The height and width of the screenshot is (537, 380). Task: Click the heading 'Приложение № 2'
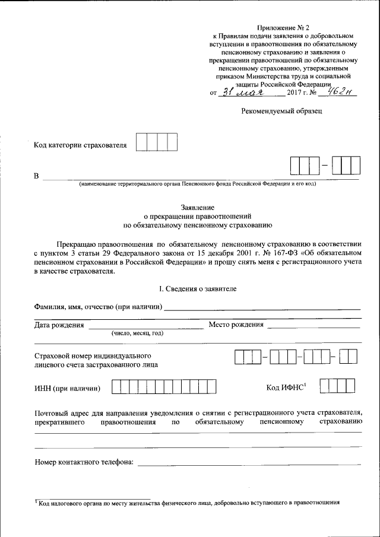pos(283,27)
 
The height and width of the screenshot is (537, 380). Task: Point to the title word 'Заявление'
pos(197,207)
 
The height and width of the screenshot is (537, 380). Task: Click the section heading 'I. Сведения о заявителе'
pos(197,288)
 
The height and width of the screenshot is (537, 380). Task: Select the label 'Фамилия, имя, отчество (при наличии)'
pos(99,307)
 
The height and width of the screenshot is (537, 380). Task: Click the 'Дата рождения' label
pos(59,325)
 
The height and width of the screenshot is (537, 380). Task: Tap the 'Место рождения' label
pos(236,325)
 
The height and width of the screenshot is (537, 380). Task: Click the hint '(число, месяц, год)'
pos(137,333)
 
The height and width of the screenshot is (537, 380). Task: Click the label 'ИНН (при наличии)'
pos(67,389)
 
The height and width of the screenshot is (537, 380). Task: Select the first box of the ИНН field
pos(116,388)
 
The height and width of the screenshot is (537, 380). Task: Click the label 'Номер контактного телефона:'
pos(84,462)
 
